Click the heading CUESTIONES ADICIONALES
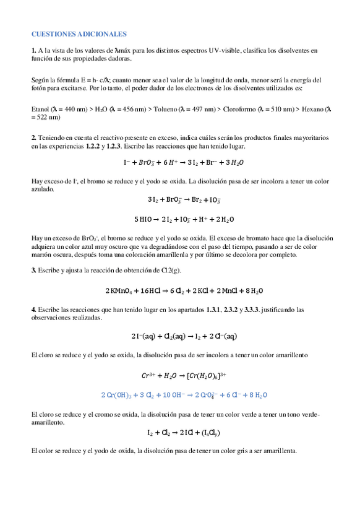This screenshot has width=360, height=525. pos(79,34)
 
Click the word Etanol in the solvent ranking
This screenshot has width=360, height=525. pos(40,109)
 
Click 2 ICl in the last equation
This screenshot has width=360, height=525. pos(192,433)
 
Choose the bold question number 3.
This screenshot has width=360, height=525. pos(33,270)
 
